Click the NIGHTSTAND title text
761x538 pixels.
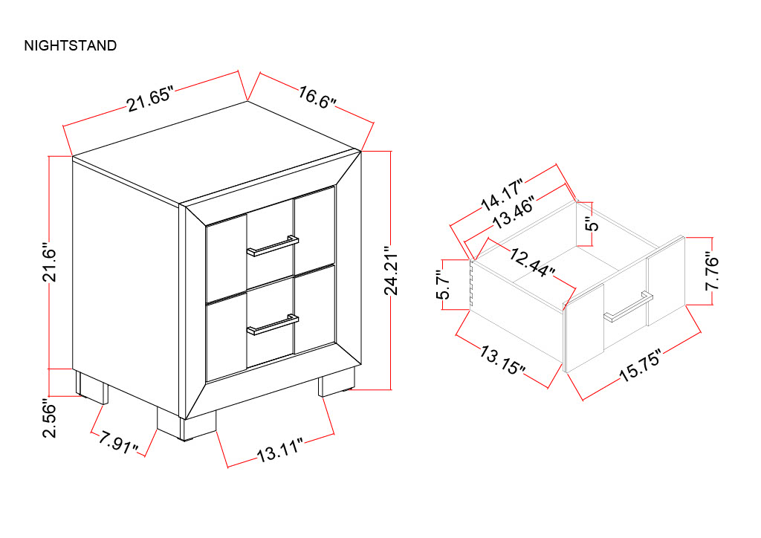[71, 45]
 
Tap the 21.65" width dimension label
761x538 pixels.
[150, 99]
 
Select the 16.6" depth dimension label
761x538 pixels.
[317, 97]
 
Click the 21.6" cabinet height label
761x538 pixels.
[50, 262]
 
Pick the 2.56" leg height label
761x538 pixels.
[50, 418]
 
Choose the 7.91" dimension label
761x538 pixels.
[118, 442]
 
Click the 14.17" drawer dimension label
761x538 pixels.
[503, 195]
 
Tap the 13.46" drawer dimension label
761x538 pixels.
[514, 213]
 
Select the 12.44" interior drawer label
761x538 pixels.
[532, 262]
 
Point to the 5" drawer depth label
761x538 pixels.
[592, 224]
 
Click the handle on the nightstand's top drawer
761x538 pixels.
[272, 245]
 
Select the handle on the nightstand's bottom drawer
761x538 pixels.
[272, 324]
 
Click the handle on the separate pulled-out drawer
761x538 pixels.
[628, 307]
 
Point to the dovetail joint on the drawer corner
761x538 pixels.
[471, 285]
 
